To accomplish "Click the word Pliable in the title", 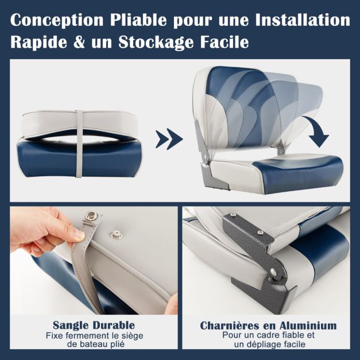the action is (x=138, y=21).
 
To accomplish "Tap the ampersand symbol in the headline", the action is (x=79, y=42).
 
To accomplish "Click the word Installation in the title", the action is (x=303, y=20).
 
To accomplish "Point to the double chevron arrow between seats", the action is (x=169, y=139).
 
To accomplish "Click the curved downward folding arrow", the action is (x=316, y=131).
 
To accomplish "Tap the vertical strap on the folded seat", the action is (x=79, y=144).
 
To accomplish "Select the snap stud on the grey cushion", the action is (x=117, y=234).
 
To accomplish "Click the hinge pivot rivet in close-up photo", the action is (x=273, y=272).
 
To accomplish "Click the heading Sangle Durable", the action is (x=94, y=326).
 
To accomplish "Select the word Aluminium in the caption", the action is (x=308, y=326).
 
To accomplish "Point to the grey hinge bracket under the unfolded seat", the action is (x=214, y=175).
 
